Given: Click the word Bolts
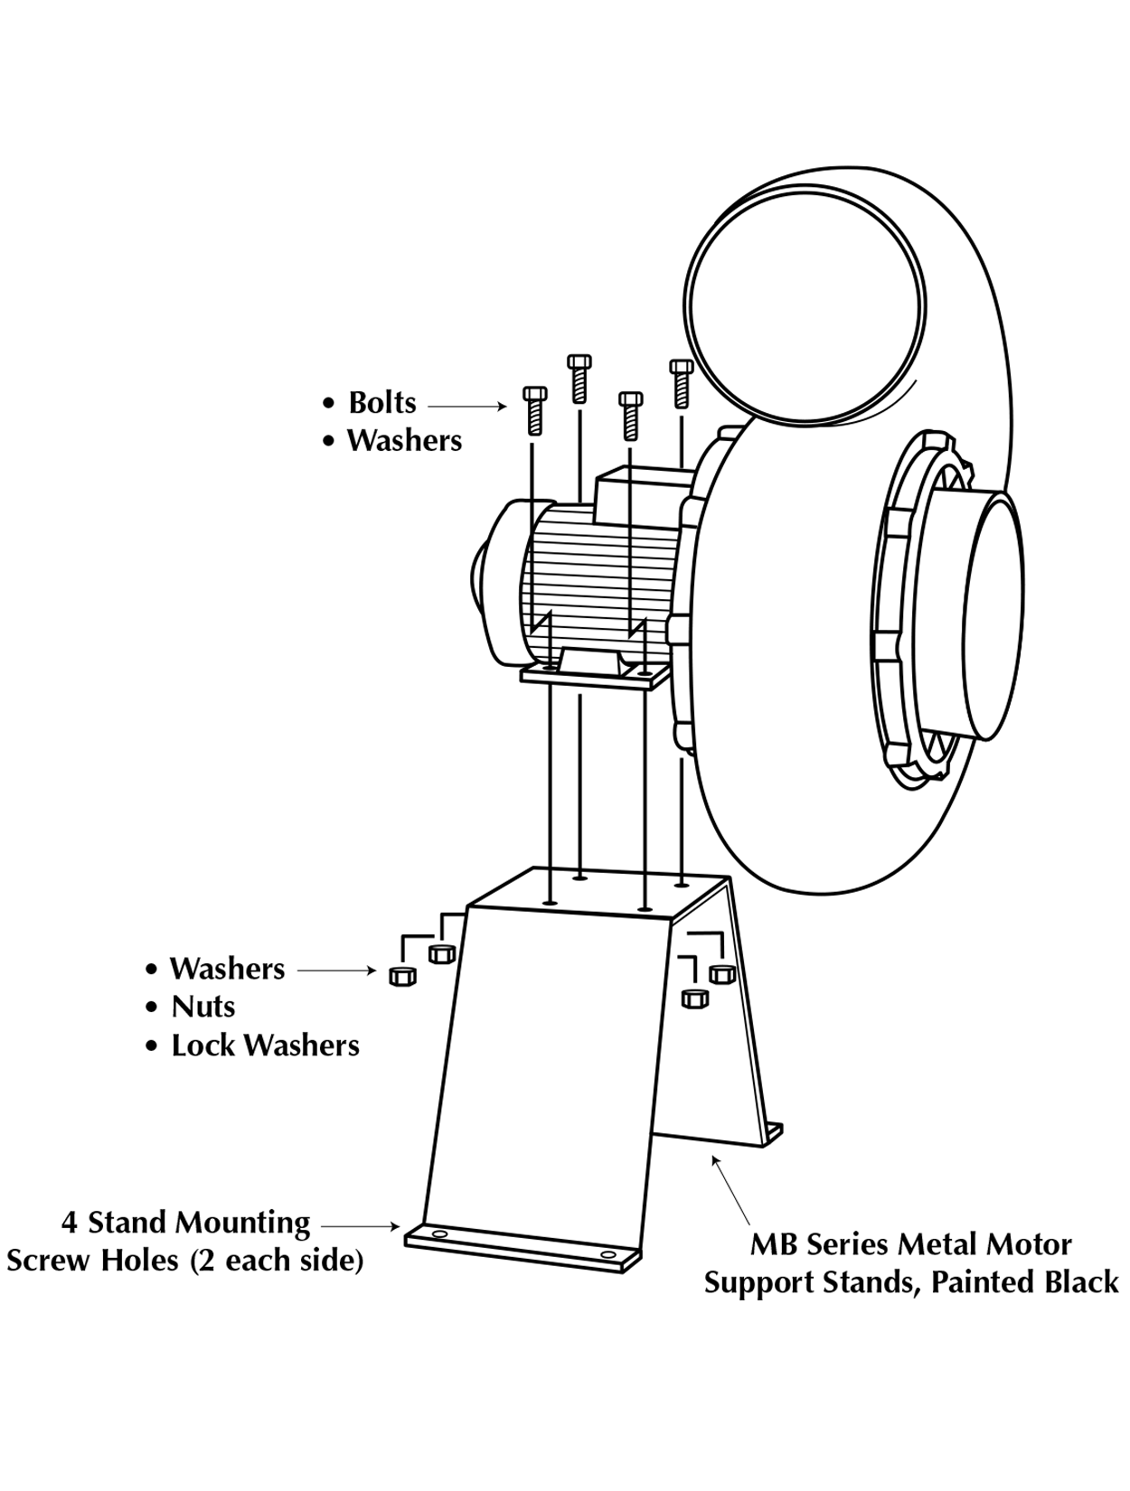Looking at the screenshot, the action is click(x=381, y=402).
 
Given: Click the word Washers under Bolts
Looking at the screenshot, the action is click(x=404, y=440).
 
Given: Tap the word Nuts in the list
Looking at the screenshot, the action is click(x=203, y=1007).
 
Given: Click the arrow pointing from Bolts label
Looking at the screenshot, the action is click(x=467, y=407).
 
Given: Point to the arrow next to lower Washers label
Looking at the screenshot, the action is click(x=336, y=971).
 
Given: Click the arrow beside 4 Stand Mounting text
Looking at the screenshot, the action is click(x=360, y=1226).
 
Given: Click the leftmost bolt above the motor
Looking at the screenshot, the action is click(x=535, y=411).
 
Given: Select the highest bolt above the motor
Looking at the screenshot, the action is click(x=579, y=379).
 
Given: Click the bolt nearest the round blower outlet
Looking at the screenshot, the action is click(x=681, y=384).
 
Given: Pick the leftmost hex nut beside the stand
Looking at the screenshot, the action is click(x=402, y=977).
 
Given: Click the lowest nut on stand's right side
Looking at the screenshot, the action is click(x=694, y=999).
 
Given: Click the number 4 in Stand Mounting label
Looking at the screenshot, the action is click(x=70, y=1224).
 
